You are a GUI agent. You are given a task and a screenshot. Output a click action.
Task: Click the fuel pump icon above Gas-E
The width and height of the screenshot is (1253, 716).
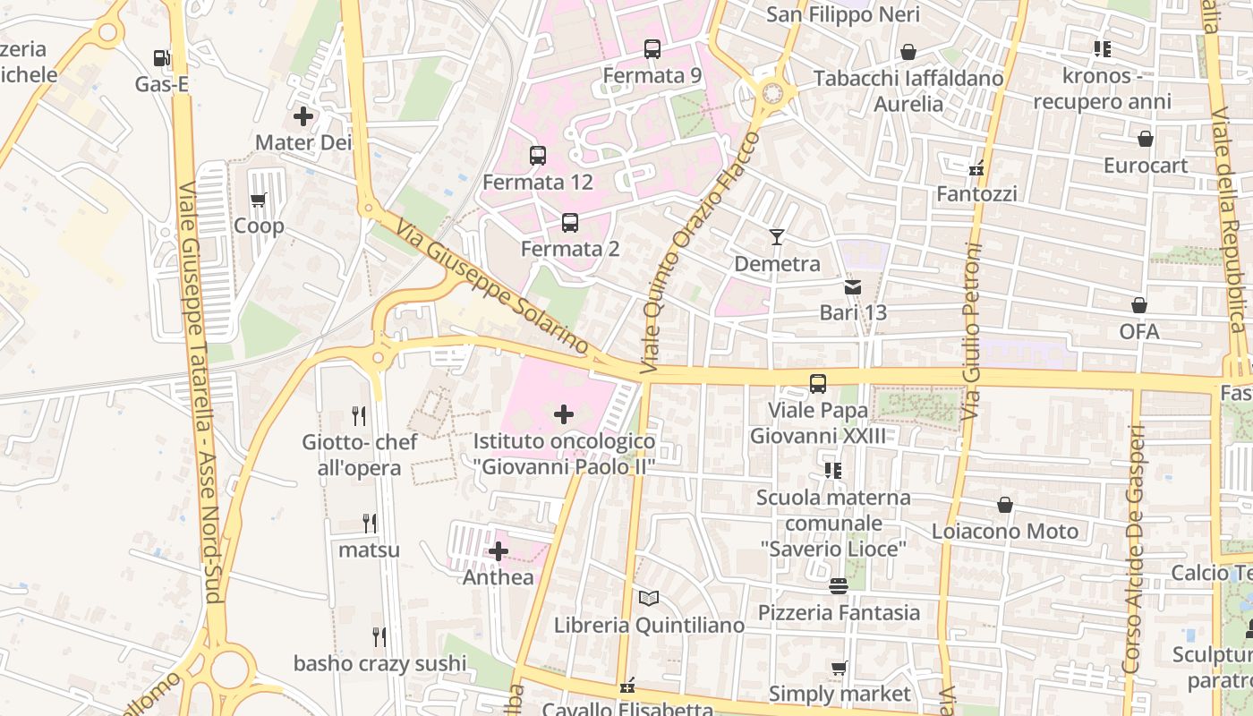(161, 58)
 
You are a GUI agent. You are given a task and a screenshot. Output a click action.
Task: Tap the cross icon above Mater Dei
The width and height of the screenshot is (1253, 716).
(303, 116)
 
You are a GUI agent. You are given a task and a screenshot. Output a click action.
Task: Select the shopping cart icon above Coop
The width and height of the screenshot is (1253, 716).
(259, 200)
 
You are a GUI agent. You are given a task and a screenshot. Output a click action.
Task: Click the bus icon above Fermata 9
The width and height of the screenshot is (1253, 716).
(652, 49)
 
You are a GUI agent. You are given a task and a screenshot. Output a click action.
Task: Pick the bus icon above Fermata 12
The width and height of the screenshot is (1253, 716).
(537, 156)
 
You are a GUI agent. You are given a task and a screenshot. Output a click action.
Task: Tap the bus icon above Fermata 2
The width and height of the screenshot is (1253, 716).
(569, 223)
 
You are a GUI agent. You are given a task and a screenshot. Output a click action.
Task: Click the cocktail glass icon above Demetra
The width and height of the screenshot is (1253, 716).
(777, 237)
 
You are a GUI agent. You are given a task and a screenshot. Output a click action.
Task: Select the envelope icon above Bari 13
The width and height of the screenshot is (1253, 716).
(853, 286)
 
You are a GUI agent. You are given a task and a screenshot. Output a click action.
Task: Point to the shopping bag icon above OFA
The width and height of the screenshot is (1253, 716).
(1139, 306)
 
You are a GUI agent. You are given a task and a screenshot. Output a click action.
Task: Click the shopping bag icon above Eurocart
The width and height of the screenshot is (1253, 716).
(1145, 139)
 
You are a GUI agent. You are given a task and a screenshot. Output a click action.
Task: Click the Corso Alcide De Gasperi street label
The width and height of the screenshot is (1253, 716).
(1135, 550)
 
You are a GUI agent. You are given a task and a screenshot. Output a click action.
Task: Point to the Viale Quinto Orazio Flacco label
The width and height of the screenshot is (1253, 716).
(700, 253)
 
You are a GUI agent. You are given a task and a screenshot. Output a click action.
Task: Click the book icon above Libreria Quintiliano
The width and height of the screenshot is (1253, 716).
(649, 599)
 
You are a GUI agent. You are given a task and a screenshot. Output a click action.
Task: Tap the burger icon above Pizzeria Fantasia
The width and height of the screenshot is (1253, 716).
(839, 586)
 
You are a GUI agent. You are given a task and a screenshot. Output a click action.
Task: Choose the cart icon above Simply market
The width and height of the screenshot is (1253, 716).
(839, 668)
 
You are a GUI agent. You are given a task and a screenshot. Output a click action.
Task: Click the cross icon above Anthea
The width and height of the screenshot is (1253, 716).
(499, 551)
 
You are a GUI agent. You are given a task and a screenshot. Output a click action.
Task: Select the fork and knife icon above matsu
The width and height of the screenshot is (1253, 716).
(369, 523)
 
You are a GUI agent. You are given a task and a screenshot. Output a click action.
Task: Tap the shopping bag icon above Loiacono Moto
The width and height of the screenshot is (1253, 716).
(1005, 506)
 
